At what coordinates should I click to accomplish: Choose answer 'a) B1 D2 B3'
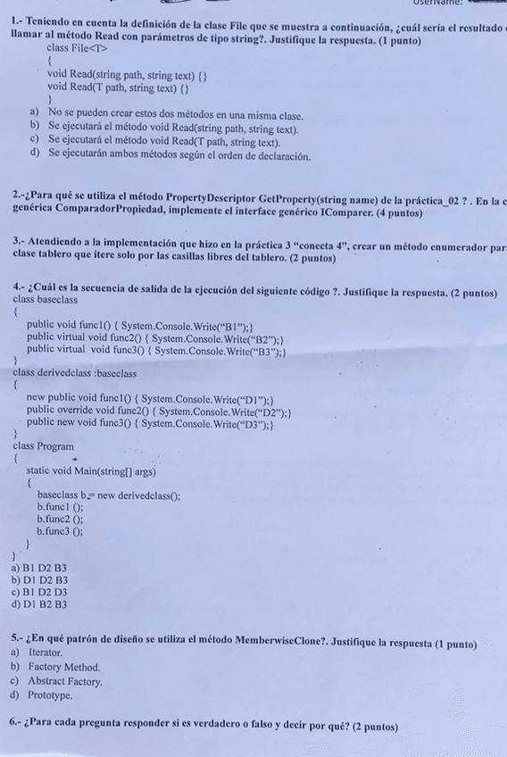click(x=39, y=568)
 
